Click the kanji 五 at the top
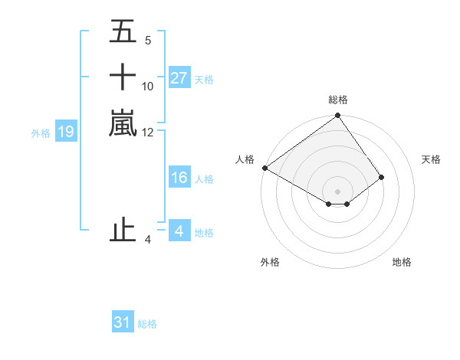pos(123,33)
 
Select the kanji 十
pos(123,78)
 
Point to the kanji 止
pos(123,230)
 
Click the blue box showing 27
pos(179,78)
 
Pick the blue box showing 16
pos(179,178)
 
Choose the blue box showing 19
pos(66,133)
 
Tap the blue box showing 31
pos(123,322)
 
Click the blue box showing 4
pos(179,231)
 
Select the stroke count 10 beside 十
pos(148,87)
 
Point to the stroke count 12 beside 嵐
pos(148,132)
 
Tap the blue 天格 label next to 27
pos(204,79)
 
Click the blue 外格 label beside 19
pos(41,133)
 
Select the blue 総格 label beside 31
pos(147,323)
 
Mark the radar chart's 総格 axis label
pos(337,100)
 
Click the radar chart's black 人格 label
pos(245,159)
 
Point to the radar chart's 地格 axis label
pos(402,262)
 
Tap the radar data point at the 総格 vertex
pos(337,116)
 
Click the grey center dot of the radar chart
pos(337,191)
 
